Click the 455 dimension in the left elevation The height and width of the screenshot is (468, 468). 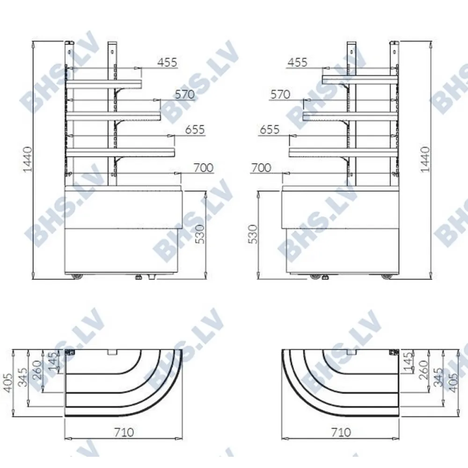coord(167,62)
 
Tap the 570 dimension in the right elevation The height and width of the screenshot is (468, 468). coord(280,95)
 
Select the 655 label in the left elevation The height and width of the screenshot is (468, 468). coord(195,130)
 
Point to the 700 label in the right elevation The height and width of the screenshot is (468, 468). coord(261,168)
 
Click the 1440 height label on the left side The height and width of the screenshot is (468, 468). coord(28,159)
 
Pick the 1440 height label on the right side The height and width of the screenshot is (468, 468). coord(425,159)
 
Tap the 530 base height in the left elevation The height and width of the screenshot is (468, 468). coord(201,234)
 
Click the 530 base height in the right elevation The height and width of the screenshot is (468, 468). coord(253,234)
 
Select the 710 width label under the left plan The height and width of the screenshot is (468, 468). coord(124,432)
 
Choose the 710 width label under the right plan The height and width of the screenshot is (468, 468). coord(341,432)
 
